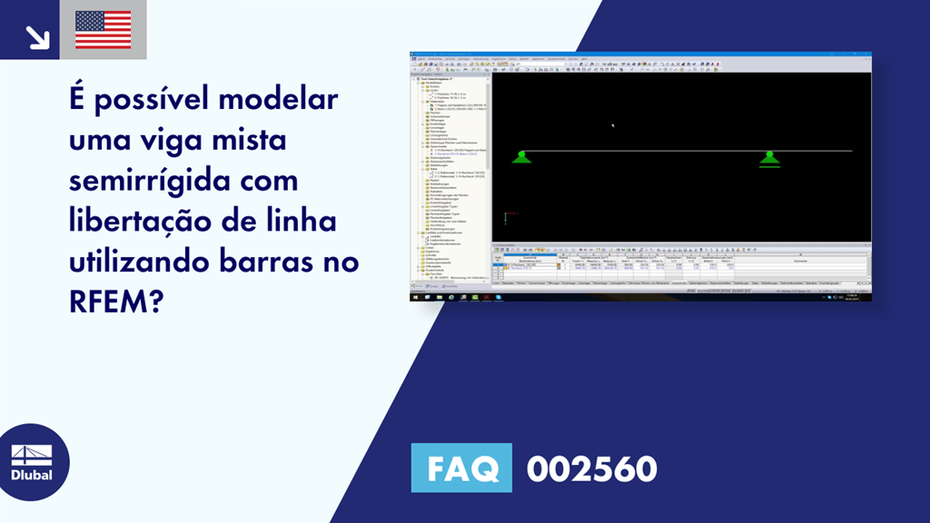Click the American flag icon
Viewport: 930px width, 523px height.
tap(103, 30)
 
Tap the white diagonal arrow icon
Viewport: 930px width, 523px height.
tap(36, 35)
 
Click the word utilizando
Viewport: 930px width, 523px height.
tap(143, 263)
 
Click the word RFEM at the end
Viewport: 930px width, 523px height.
tap(116, 304)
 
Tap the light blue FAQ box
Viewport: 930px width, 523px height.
tap(461, 469)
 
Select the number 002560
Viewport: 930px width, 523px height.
tap(591, 469)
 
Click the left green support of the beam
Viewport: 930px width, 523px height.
tap(521, 157)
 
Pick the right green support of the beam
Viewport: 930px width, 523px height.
tap(769, 159)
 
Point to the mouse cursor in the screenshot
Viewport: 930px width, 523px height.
tap(613, 125)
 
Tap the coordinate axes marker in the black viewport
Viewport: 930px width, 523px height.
tap(506, 217)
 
